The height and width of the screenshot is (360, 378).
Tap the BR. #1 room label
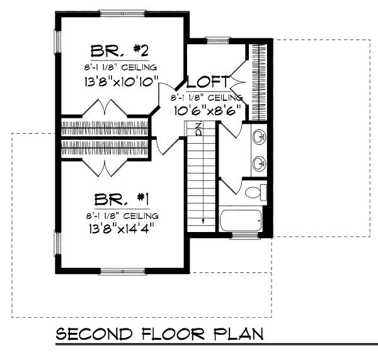[x=121, y=200]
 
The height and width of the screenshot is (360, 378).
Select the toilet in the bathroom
[x=255, y=192]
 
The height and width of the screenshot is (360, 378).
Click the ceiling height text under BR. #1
[x=120, y=216]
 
